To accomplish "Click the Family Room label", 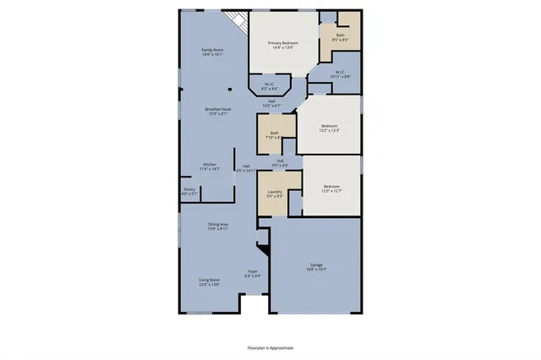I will pyautogui.click(x=212, y=52).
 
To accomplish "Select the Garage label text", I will pyautogui.click(x=315, y=268).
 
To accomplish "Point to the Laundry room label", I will pyautogui.click(x=274, y=194).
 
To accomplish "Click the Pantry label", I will pyautogui.click(x=189, y=191).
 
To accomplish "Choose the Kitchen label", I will pyautogui.click(x=210, y=166).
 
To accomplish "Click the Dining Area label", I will pyautogui.click(x=218, y=226).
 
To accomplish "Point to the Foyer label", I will pyautogui.click(x=252, y=274).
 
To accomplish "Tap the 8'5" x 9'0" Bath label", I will pyautogui.click(x=340, y=37).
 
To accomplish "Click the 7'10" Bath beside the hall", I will pyautogui.click(x=275, y=134).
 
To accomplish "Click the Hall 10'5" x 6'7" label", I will pyautogui.click(x=271, y=104).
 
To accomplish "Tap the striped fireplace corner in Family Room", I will pyautogui.click(x=239, y=22).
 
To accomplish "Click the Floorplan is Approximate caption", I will pyautogui.click(x=270, y=347).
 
